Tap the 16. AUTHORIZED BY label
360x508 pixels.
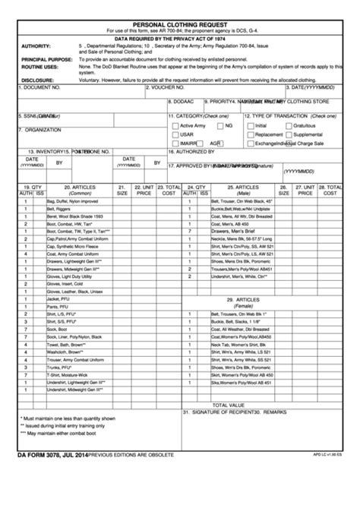click(195, 152)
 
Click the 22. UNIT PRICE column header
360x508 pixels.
click(144, 189)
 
